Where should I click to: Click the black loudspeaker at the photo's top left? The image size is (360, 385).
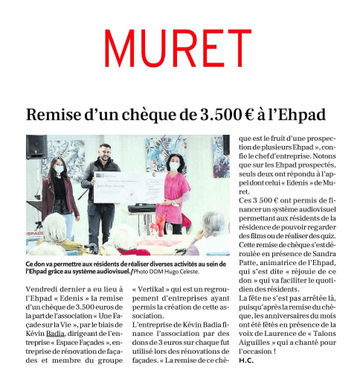(x=36, y=147)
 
